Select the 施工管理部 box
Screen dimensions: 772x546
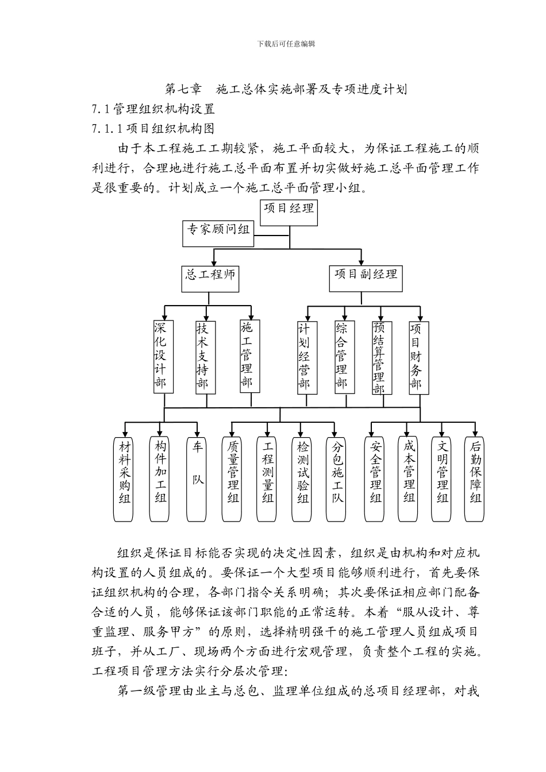pos(247,356)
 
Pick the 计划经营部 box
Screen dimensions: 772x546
pos(304,356)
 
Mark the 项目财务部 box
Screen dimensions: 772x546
pos(416,356)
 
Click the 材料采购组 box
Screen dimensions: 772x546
pos(125,478)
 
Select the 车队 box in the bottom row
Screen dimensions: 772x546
pos(198,478)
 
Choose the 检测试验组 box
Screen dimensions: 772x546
pos(303,478)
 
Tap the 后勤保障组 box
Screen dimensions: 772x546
pos(476,478)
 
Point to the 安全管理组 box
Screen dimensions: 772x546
pos(376,478)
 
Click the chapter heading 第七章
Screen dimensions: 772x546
pos(183,89)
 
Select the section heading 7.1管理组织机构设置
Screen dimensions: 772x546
pos(153,109)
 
